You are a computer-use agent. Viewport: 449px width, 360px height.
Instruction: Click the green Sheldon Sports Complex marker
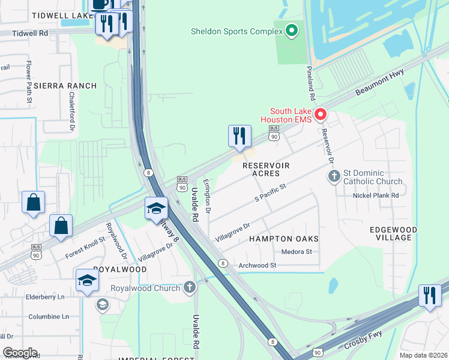click(x=292, y=30)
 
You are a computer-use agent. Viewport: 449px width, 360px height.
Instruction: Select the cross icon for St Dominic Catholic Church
click(x=334, y=176)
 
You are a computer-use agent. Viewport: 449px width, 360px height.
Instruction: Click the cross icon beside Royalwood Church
click(x=190, y=288)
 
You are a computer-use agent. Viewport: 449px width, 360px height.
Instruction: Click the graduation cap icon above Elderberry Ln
click(x=88, y=280)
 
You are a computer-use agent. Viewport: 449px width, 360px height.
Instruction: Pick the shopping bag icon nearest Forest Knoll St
click(x=61, y=226)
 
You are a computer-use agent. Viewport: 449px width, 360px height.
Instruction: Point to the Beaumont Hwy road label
click(x=379, y=82)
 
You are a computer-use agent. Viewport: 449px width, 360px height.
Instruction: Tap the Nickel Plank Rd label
click(x=376, y=196)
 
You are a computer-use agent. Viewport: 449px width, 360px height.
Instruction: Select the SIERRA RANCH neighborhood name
click(x=65, y=86)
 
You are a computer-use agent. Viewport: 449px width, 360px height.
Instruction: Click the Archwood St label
click(x=257, y=265)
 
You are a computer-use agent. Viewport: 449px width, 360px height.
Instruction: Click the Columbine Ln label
click(x=49, y=316)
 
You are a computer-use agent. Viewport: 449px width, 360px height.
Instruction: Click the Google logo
click(x=20, y=352)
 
